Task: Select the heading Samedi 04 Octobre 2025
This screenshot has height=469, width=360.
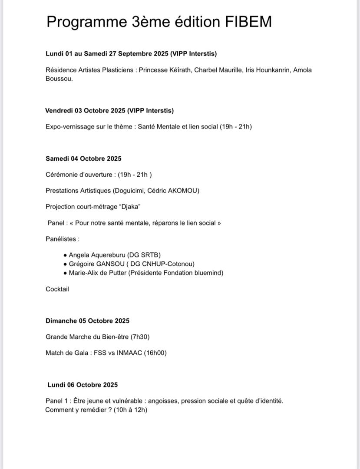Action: (83, 159)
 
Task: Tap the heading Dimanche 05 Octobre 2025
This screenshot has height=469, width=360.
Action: (87, 321)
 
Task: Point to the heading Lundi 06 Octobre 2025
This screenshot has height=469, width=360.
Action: (83, 385)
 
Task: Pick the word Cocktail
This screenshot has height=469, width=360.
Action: (57, 289)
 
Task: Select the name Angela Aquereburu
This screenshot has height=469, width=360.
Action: (95, 255)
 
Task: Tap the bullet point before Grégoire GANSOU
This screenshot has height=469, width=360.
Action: (65, 264)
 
